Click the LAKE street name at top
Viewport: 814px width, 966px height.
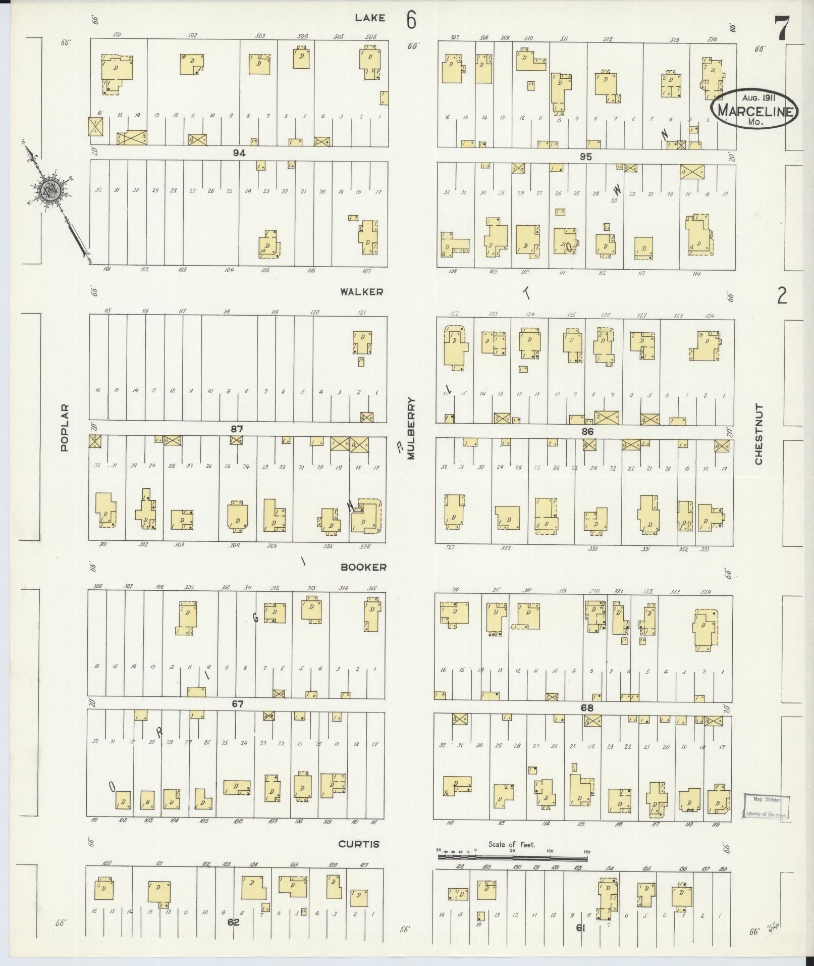[369, 18]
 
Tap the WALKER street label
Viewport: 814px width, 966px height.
[361, 292]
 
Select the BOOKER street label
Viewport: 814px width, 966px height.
[363, 567]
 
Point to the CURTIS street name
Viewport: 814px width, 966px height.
[359, 844]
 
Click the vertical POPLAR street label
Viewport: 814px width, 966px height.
[64, 427]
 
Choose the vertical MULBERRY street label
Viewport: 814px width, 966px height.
[411, 429]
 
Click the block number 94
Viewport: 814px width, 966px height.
[239, 153]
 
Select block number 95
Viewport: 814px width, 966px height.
[585, 157]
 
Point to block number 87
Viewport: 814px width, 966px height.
[237, 429]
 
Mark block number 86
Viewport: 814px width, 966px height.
[587, 431]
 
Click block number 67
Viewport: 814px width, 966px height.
[238, 704]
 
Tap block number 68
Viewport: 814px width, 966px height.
[587, 707]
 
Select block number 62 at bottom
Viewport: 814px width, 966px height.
[233, 922]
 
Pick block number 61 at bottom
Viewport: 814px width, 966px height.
[580, 928]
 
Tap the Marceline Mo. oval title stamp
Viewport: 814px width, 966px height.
[755, 109]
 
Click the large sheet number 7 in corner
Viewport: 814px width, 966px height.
[782, 28]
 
